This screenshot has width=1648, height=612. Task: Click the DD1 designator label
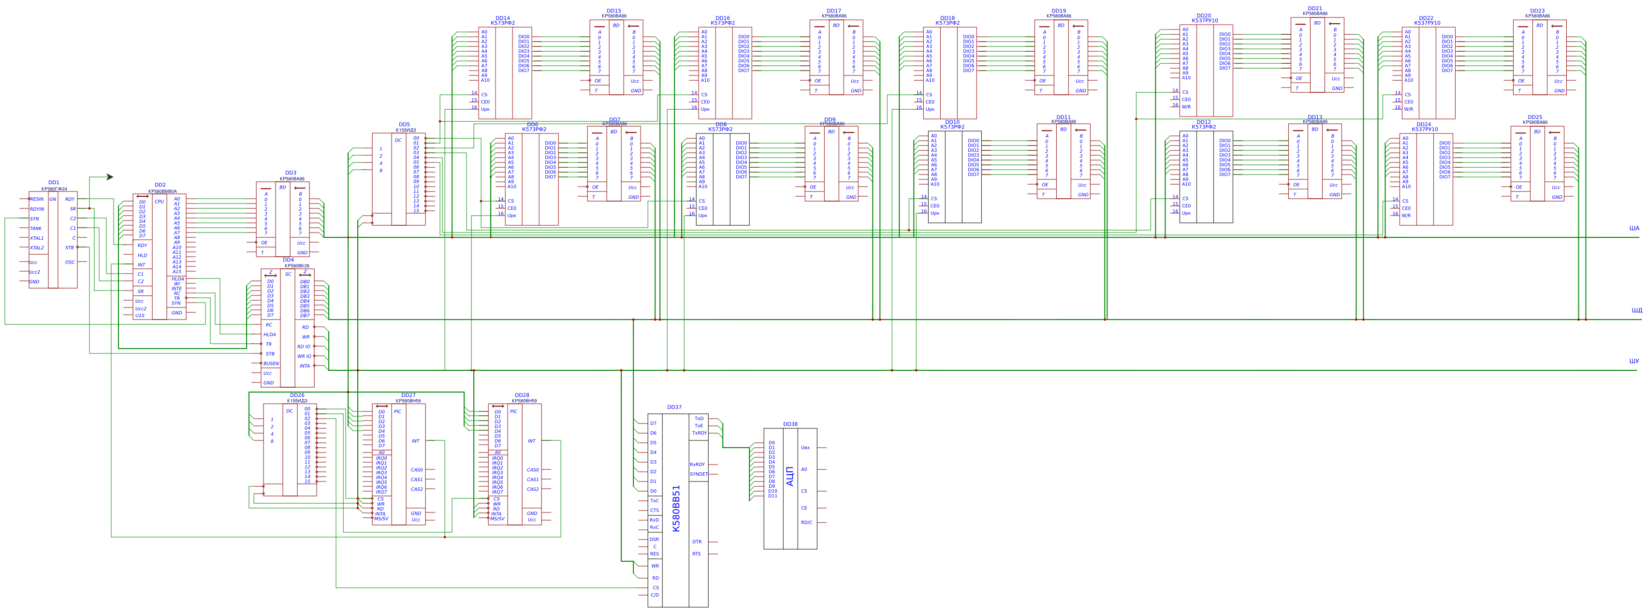click(54, 182)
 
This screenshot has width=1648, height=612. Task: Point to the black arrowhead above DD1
click(110, 177)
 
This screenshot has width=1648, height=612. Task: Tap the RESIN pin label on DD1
click(37, 199)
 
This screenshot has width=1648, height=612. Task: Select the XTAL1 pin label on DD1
click(37, 238)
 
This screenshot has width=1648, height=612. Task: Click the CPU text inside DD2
click(160, 202)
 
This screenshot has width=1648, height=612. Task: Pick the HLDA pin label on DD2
click(177, 279)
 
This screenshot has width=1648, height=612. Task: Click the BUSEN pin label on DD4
click(271, 363)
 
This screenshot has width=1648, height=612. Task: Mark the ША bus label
click(1634, 228)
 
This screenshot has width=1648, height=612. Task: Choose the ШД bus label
click(1636, 311)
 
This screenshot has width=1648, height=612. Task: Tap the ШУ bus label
click(1634, 361)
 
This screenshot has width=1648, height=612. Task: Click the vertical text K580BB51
click(676, 509)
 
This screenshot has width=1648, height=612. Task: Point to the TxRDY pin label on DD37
click(699, 433)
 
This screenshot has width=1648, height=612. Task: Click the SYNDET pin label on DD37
click(699, 474)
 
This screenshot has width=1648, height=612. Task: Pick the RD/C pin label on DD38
click(807, 523)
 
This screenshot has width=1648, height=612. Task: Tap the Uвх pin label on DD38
click(805, 448)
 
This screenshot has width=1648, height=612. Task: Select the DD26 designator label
click(297, 395)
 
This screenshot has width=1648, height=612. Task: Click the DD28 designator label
click(522, 395)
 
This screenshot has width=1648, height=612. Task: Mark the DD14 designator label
click(502, 18)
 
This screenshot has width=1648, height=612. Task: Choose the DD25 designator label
click(1535, 117)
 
